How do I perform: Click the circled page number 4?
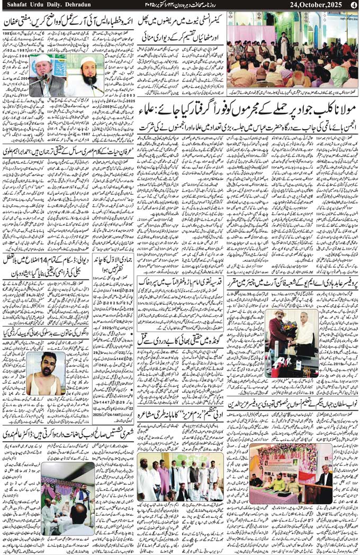click(354, 5)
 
